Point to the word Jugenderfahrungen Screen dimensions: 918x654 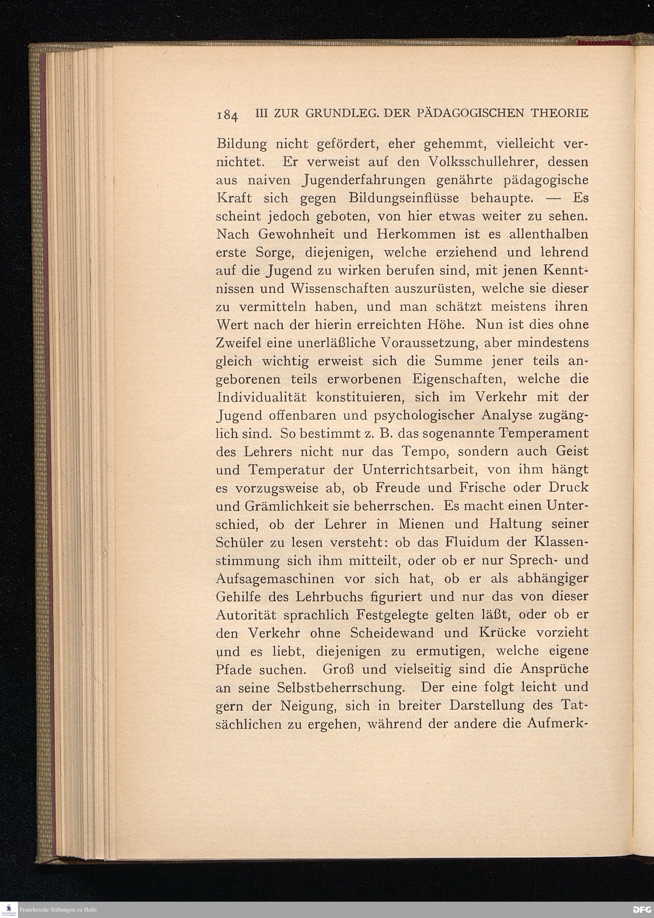[346, 180]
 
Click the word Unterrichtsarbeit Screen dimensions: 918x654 [419, 470]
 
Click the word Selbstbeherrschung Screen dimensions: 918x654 [341, 687]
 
